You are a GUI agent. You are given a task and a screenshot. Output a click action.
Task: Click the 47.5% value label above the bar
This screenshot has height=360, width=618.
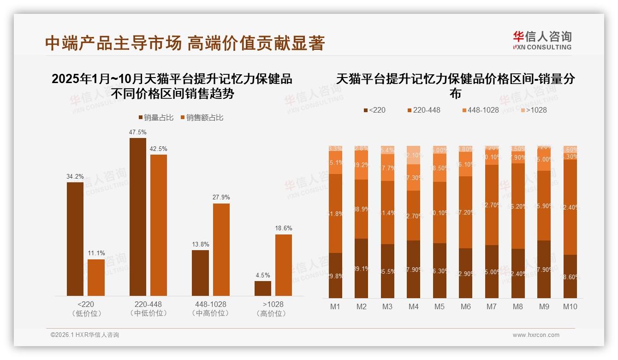coord(137,132)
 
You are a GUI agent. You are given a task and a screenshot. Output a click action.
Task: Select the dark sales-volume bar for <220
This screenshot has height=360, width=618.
coord(75,239)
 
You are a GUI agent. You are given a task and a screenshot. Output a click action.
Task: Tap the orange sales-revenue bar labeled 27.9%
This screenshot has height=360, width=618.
coord(221,249)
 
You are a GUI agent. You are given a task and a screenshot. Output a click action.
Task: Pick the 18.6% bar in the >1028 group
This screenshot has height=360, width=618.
coord(283,265)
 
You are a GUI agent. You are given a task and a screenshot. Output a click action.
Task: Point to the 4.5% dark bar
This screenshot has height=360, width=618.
coord(262,288)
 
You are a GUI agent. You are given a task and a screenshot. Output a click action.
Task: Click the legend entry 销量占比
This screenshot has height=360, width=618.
coord(155,118)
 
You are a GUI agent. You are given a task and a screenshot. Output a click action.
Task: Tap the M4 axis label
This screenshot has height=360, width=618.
coord(413,306)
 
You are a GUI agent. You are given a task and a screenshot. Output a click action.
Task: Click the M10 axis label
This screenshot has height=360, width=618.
coord(570,306)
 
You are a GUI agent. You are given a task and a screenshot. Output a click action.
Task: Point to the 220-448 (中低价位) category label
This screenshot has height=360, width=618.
coord(148,309)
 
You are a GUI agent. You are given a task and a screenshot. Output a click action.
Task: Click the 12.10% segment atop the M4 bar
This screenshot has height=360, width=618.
coord(414,155)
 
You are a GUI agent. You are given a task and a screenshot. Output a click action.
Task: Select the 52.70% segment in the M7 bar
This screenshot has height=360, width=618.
coord(492,205)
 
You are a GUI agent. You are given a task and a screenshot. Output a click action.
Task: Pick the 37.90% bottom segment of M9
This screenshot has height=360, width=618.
coord(544,269)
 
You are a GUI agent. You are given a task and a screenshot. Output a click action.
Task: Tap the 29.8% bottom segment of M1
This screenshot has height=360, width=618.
coord(335,276)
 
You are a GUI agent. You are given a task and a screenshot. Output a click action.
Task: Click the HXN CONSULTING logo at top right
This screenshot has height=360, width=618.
coord(542,41)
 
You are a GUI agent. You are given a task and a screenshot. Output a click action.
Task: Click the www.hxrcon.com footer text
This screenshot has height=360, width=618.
coord(535,335)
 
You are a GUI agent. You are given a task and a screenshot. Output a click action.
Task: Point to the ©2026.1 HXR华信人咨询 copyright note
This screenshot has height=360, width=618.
coord(84,335)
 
